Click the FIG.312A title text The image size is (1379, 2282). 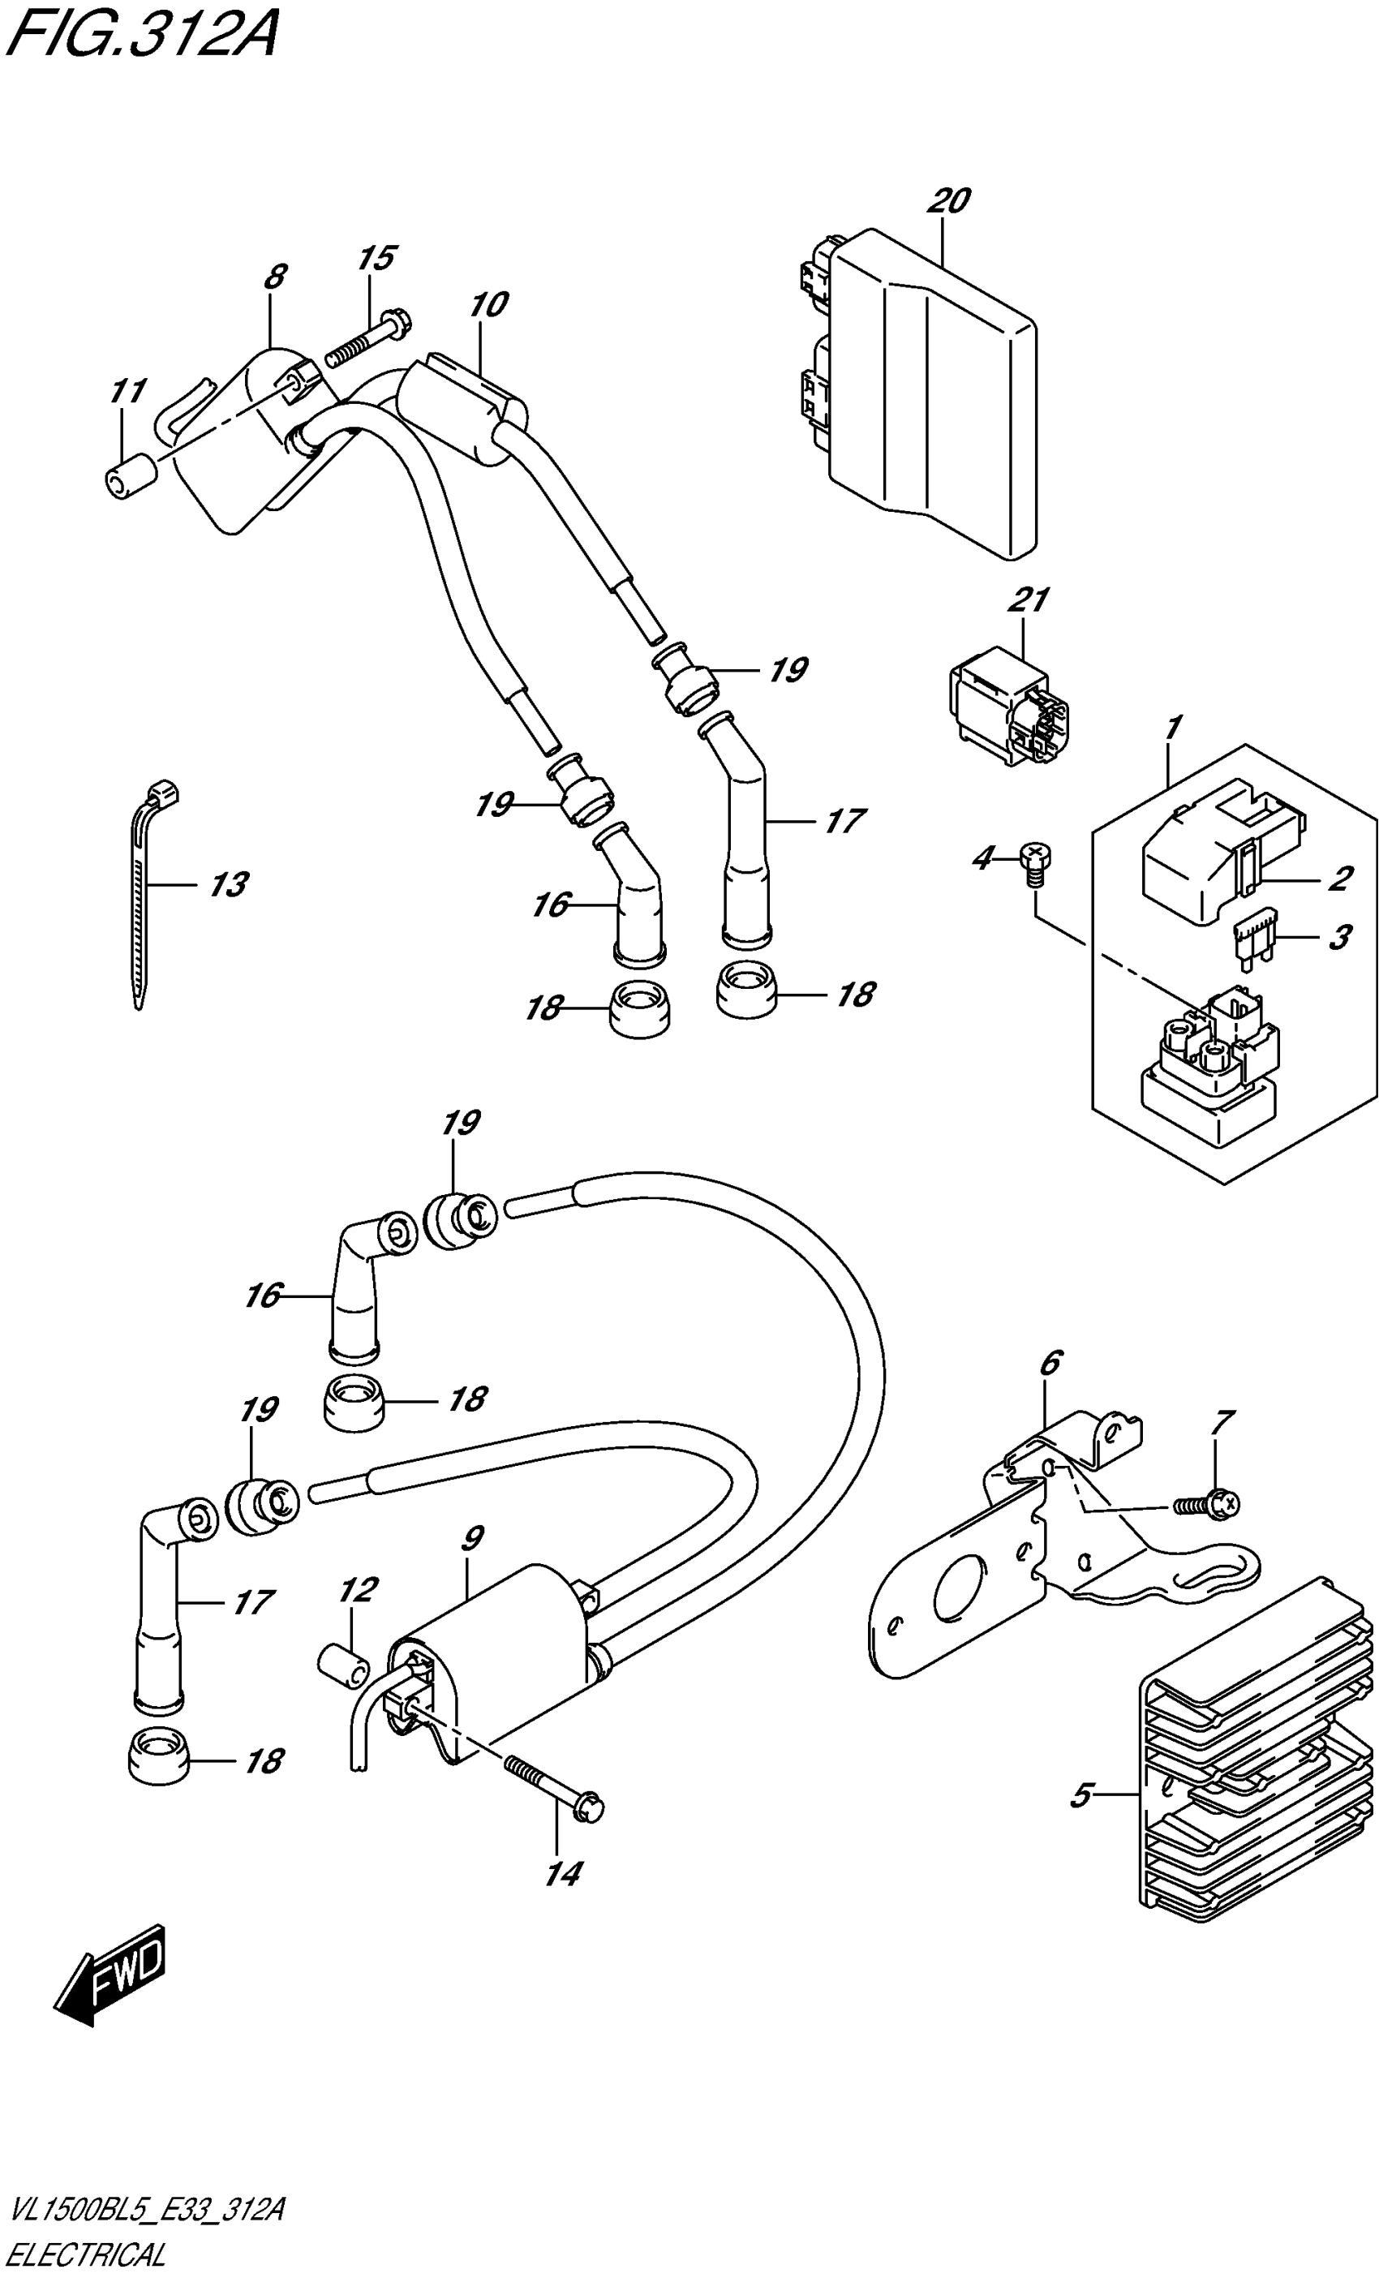coord(139,37)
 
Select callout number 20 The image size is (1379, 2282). coord(948,201)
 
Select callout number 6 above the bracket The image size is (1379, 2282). coord(1050,1363)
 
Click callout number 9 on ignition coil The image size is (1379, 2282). coord(471,1539)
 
